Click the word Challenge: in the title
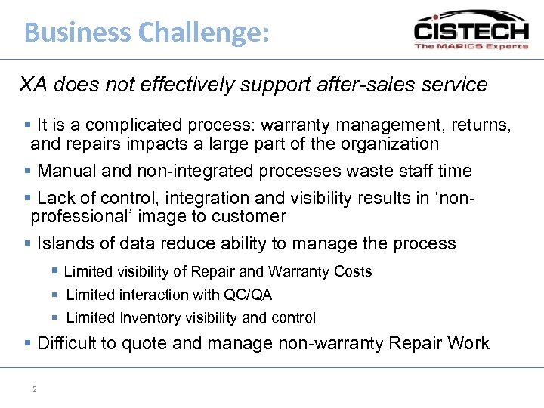[203, 32]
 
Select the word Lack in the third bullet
[55, 198]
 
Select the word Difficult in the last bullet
[66, 343]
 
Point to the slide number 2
[35, 389]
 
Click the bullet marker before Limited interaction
[56, 295]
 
